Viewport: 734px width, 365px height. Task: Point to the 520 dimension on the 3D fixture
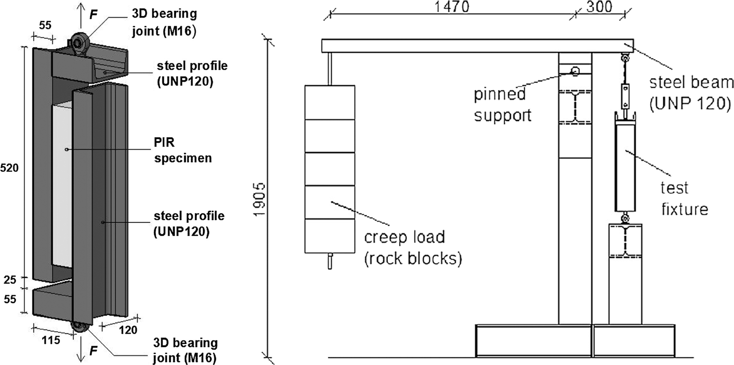9,168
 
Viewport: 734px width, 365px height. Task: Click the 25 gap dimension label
10,280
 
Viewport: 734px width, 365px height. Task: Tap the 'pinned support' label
502,105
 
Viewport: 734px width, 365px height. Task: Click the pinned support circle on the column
575,71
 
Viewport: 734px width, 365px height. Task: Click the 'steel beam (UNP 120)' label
690,93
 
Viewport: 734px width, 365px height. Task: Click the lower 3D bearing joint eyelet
79,327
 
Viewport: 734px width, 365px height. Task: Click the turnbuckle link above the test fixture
625,94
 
